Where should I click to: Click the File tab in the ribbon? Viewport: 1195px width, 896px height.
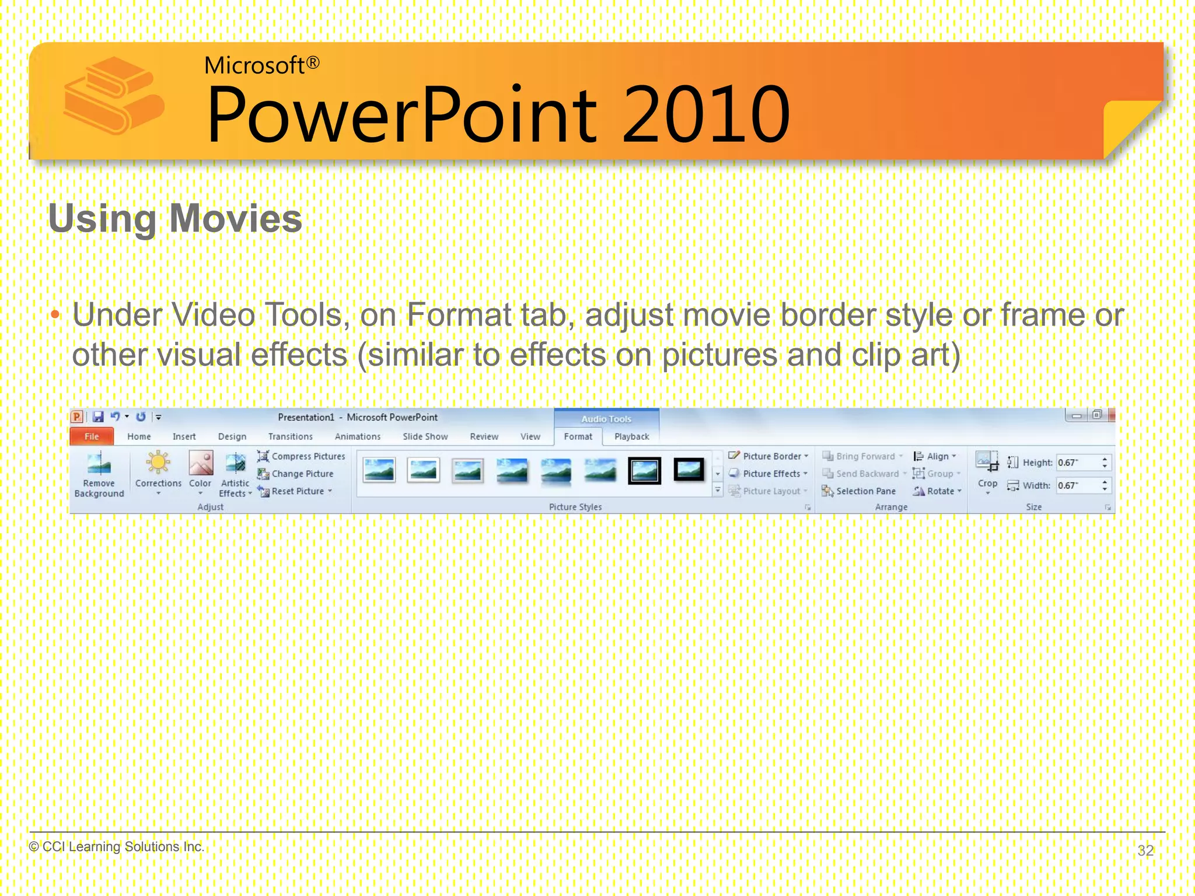[x=92, y=436]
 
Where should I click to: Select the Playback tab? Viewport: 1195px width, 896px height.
[x=631, y=436]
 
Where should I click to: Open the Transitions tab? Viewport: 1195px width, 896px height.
[x=290, y=436]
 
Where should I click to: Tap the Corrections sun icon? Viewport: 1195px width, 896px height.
[x=158, y=463]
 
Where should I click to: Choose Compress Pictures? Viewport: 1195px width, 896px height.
[x=302, y=456]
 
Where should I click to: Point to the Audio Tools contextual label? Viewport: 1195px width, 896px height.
[x=606, y=419]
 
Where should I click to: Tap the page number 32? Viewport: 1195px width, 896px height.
[x=1145, y=850]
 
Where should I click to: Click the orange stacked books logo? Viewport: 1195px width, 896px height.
[x=113, y=96]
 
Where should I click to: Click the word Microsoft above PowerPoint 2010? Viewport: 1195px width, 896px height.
[x=254, y=65]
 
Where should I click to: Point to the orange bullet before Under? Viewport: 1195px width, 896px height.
[x=55, y=316]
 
